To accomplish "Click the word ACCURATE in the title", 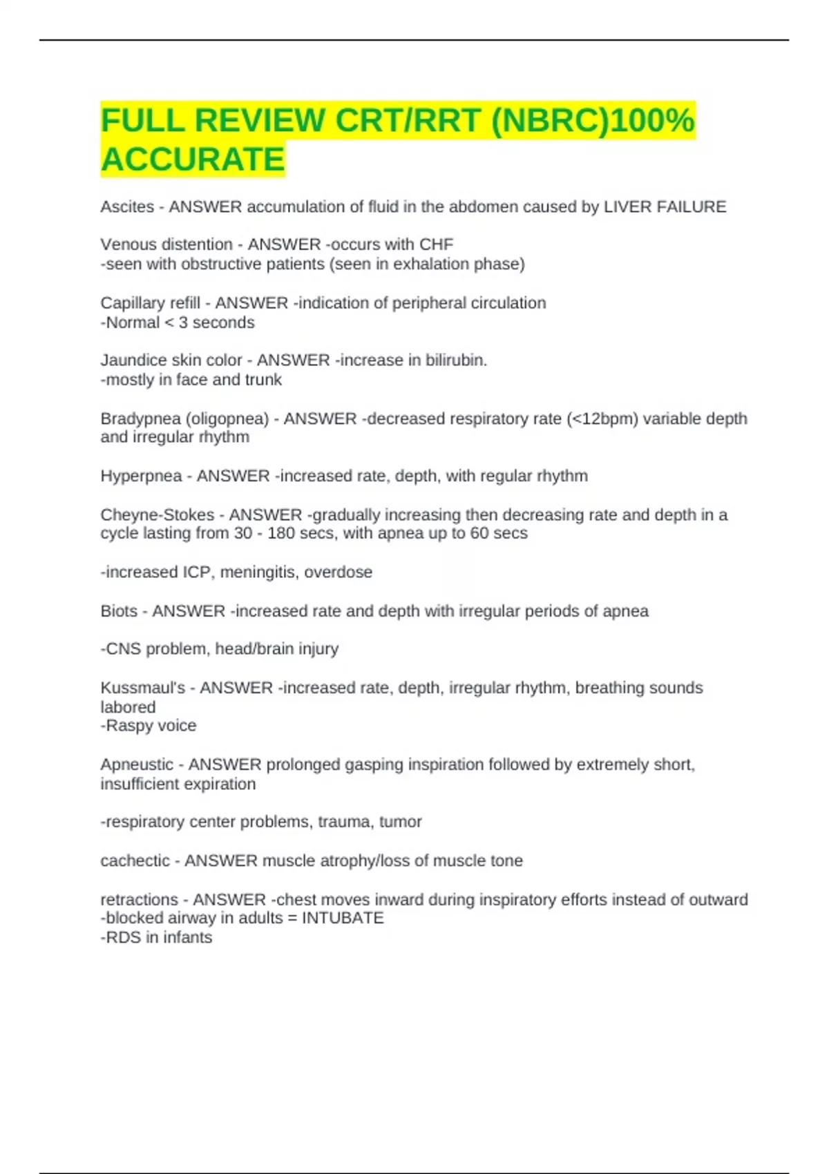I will pyautogui.click(x=193, y=159).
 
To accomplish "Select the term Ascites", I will pyautogui.click(x=127, y=207).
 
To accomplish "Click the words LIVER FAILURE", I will pyautogui.click(x=665, y=207).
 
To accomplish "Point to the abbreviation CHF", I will pyautogui.click(x=436, y=244).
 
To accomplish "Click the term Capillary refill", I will pyautogui.click(x=150, y=303).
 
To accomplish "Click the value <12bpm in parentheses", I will pyautogui.click(x=601, y=419).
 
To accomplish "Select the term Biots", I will pyautogui.click(x=119, y=612).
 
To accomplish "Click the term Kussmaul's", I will pyautogui.click(x=143, y=689).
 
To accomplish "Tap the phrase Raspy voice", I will pyautogui.click(x=151, y=726).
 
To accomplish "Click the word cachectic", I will pyautogui.click(x=135, y=861).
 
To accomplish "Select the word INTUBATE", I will pyautogui.click(x=343, y=918).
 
